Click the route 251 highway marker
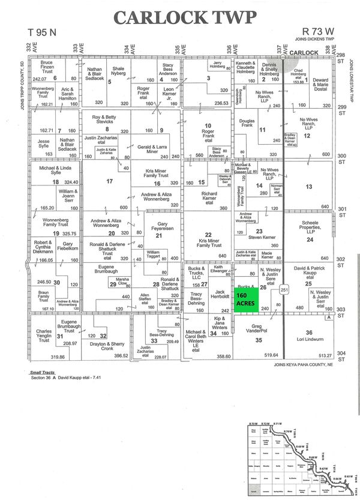(284, 289)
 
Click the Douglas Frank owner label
(247, 122)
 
